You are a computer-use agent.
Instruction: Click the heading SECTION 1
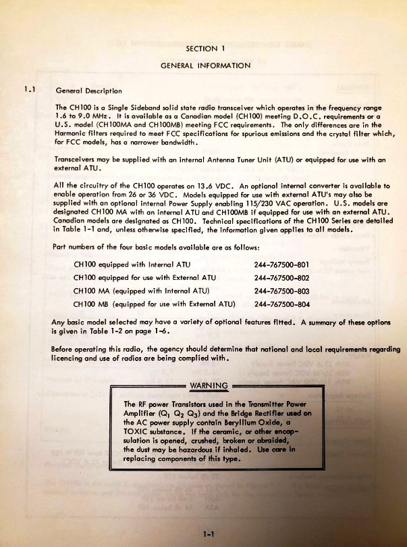click(205, 49)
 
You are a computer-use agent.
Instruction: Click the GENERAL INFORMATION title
click(205, 66)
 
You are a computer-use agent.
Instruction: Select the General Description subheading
click(88, 90)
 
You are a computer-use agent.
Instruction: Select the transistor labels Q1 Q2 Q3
click(182, 412)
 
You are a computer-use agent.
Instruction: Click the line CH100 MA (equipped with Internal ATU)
click(142, 291)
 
